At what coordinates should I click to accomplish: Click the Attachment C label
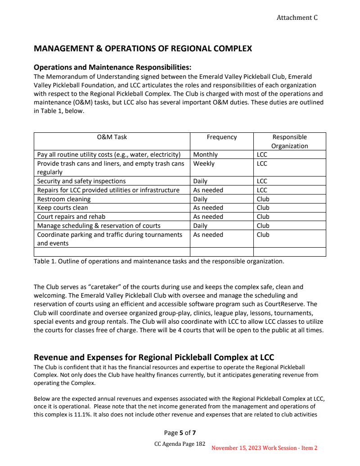coord(297,18)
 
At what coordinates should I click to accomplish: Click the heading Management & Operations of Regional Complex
coord(143,49)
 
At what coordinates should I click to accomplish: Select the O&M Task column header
coord(112,137)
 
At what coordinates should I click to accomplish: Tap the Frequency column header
coord(221,137)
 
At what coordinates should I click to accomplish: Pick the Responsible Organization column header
coord(289,141)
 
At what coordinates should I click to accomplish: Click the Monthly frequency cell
coord(205,154)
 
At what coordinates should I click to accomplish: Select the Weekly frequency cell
coord(204,163)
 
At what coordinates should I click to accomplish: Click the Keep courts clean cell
coord(63,208)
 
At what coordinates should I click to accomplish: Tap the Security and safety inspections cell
coord(81,181)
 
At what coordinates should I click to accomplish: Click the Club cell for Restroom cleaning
coord(263,199)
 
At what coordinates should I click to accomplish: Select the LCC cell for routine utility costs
coord(262,154)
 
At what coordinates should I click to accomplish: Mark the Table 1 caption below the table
coord(159,261)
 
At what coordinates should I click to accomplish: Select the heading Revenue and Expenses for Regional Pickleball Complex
coord(154,357)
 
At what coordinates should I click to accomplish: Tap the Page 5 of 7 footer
coord(180,433)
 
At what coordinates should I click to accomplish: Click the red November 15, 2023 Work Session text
coord(264,448)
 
